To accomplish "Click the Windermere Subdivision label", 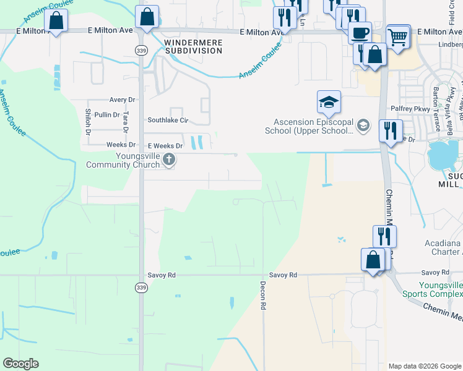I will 193,46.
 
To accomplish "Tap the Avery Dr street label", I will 122,100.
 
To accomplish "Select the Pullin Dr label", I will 107,115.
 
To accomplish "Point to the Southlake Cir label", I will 167,121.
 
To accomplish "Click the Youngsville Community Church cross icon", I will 168,161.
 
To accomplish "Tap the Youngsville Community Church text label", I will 123,161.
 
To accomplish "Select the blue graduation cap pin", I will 329,102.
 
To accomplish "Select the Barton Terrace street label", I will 436,109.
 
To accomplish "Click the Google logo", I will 20,364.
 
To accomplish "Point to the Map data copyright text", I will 424,366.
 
